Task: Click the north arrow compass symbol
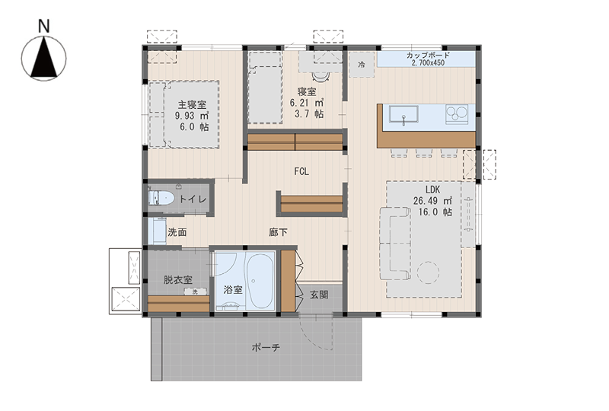(x=44, y=59)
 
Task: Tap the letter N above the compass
(x=44, y=27)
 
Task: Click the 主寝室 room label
(x=192, y=104)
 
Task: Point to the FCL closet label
(x=301, y=172)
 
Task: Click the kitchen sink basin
(x=404, y=116)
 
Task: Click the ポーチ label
(x=266, y=347)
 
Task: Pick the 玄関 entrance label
(x=319, y=295)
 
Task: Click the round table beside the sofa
(x=428, y=272)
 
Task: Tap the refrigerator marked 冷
(x=362, y=65)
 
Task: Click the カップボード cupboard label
(x=428, y=55)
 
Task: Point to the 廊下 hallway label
(x=278, y=232)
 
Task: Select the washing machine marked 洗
(x=196, y=292)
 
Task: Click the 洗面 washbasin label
(x=177, y=232)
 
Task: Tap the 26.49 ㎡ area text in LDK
(x=432, y=201)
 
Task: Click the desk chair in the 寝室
(x=320, y=76)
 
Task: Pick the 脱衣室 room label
(x=177, y=279)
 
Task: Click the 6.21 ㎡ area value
(x=307, y=103)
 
